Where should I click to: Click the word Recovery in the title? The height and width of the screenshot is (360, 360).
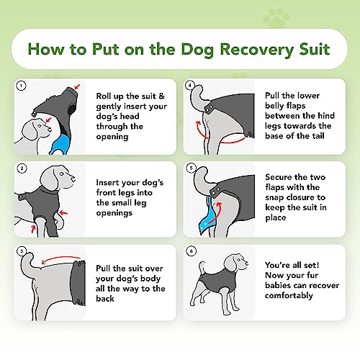(257, 50)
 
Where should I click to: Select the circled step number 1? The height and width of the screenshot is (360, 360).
(21, 86)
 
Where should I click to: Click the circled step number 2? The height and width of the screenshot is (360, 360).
(22, 168)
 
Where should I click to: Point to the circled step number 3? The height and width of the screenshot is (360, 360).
(22, 251)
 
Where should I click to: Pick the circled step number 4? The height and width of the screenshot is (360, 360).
(190, 85)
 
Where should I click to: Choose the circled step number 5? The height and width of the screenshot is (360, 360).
(191, 168)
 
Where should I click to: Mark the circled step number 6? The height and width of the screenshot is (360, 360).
(191, 251)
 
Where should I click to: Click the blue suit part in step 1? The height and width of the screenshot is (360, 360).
(60, 145)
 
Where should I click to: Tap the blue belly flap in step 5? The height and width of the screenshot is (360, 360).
(206, 217)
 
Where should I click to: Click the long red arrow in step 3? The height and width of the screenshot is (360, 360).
(61, 259)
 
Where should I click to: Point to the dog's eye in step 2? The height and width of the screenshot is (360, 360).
(61, 174)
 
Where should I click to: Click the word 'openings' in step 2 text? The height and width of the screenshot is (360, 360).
(114, 213)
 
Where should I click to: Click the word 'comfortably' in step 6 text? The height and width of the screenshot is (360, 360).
(289, 295)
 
